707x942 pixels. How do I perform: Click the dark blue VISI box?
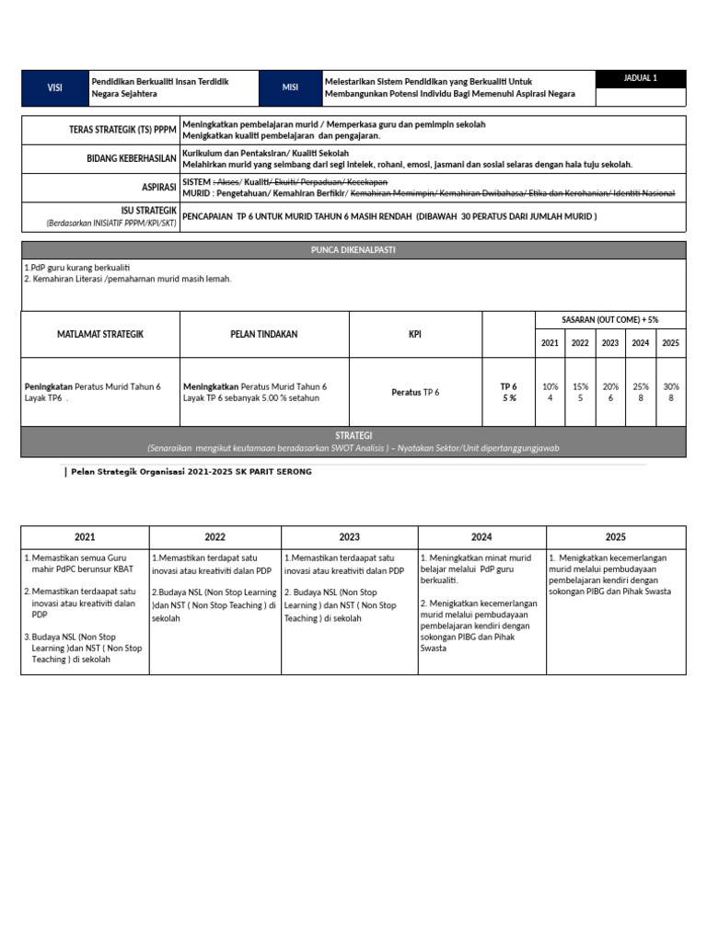[54, 87]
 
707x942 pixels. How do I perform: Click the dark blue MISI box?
[290, 87]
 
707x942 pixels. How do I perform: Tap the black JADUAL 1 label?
[640, 79]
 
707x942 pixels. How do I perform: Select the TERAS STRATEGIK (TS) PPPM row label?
[123, 130]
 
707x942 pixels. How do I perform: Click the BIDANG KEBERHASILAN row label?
[131, 158]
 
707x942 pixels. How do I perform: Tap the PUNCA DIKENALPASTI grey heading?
[353, 249]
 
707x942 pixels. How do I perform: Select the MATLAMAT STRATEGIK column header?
[100, 334]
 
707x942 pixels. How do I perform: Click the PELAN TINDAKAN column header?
[264, 334]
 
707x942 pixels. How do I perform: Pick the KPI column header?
[415, 334]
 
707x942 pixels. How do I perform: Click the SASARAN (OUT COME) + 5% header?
[610, 319]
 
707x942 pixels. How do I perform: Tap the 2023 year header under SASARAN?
[610, 343]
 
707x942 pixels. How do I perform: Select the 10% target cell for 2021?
[551, 392]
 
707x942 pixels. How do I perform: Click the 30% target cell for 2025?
[670, 392]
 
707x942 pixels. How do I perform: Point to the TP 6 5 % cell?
[508, 392]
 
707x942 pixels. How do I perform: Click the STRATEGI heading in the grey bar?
[353, 434]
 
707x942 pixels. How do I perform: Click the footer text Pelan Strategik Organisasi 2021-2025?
[190, 472]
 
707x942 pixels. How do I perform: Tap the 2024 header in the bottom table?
[481, 537]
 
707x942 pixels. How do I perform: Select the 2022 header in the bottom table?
[214, 537]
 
